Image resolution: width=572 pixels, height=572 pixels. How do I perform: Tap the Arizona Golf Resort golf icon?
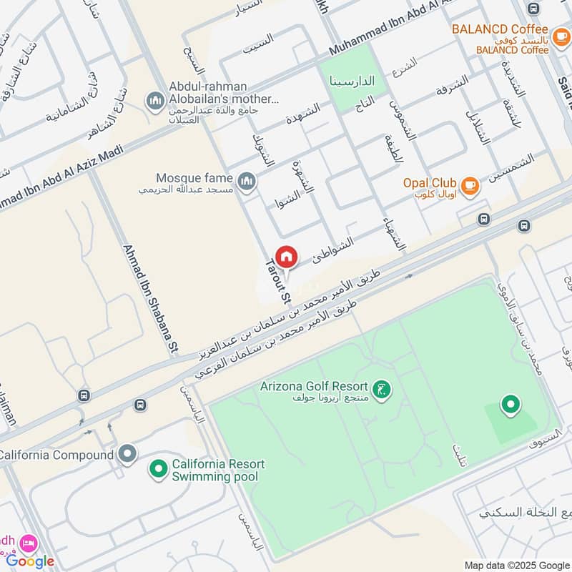383,390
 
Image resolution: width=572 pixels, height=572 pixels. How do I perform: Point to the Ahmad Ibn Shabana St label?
149,300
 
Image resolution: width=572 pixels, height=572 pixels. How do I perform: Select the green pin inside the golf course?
511,405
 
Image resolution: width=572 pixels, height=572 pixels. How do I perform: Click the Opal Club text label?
429,182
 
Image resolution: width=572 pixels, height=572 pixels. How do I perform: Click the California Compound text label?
56,455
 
